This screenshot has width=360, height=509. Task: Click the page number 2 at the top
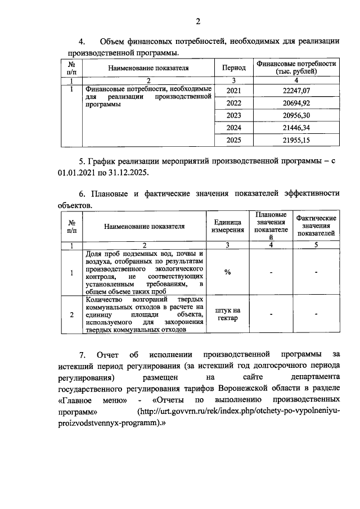coord(198,22)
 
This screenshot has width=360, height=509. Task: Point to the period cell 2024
coord(233,128)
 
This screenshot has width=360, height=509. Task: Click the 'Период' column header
coord(233,67)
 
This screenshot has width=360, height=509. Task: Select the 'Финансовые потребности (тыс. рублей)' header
coord(298,67)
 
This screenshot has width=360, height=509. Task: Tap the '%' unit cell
coord(228,272)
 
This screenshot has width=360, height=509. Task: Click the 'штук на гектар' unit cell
coord(228,315)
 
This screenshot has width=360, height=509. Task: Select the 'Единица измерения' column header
coord(228,226)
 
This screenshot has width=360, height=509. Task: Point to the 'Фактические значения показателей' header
coord(316,226)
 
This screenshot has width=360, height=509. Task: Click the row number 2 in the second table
coord(71,315)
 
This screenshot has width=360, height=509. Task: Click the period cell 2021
coord(233,91)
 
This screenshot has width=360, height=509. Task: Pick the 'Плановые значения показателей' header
coord(271,226)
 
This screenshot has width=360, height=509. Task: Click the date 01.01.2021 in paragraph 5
coord(76,172)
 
